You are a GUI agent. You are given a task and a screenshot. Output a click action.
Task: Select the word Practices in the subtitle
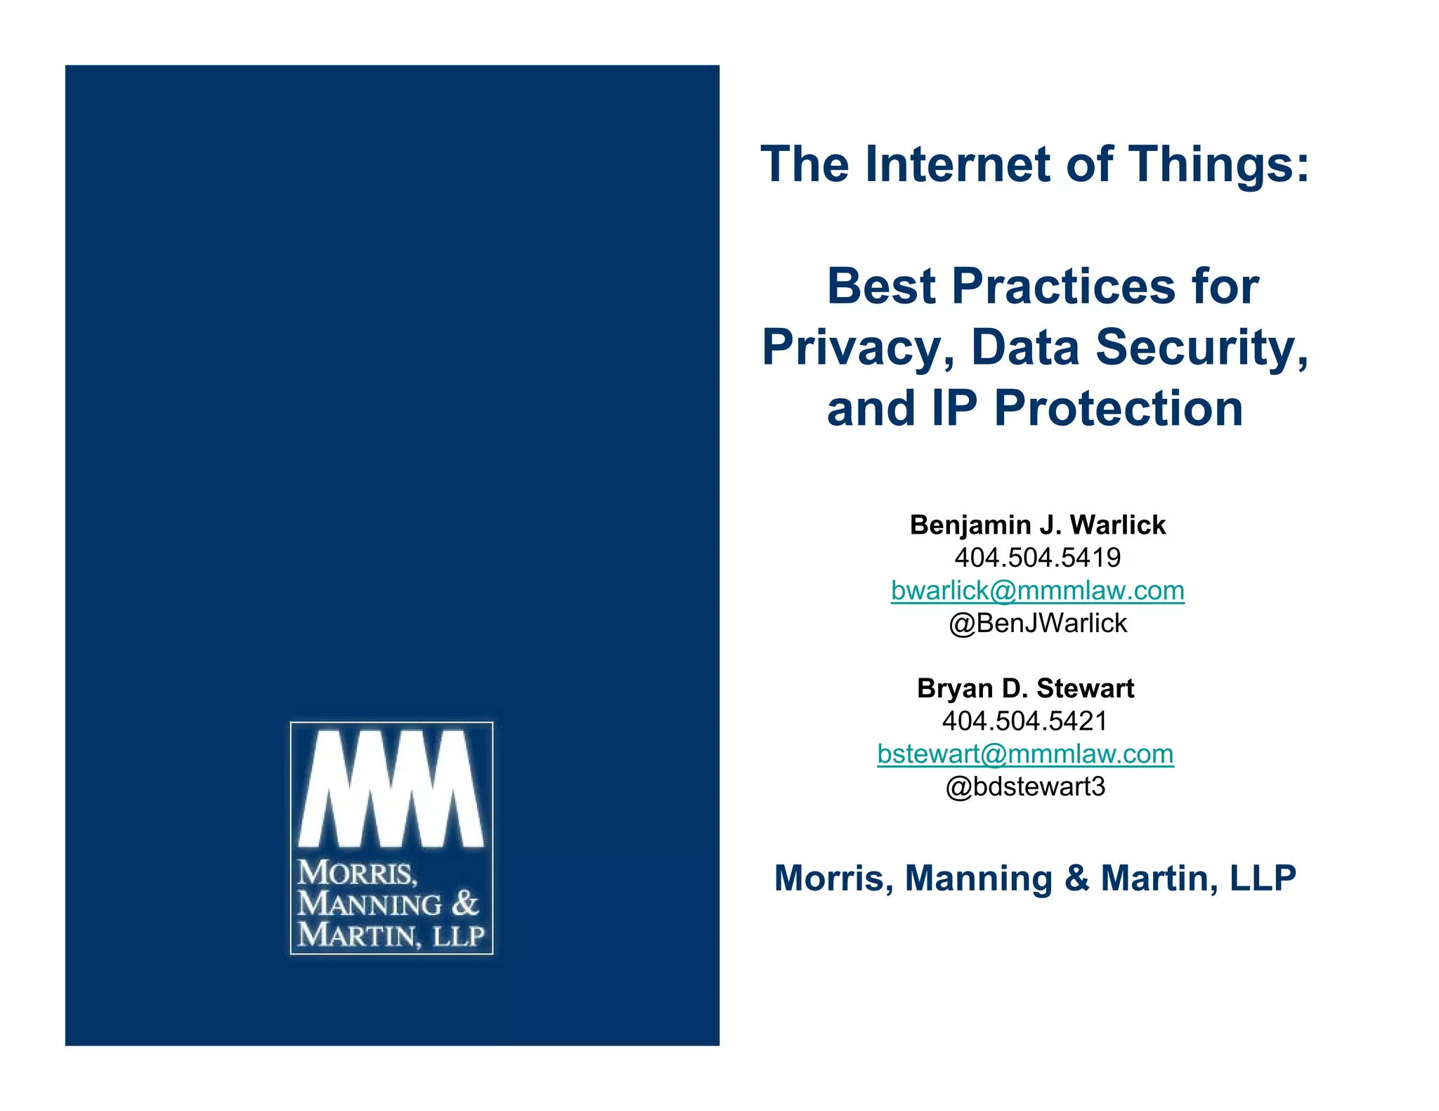tap(1064, 287)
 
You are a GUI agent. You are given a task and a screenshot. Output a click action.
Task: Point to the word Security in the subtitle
tap(1202, 348)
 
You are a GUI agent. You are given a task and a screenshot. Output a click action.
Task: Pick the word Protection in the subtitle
tap(1119, 409)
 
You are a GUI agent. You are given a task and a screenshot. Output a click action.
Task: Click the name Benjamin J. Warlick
tap(1037, 525)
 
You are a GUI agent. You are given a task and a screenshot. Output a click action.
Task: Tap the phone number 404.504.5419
tap(1037, 558)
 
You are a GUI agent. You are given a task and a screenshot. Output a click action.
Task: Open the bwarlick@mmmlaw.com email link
tap(1037, 591)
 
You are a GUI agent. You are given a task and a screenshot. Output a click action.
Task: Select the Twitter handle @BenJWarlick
tap(1037, 623)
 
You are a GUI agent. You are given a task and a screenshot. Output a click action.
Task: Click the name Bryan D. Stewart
tap(1025, 688)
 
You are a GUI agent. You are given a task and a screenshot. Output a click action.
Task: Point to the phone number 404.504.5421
tap(1025, 721)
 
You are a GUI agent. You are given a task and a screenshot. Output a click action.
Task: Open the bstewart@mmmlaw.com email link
tap(1025, 754)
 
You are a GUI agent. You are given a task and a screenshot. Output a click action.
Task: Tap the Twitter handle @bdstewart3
tap(1025, 787)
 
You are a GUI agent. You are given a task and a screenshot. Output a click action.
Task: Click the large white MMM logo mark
tap(391, 788)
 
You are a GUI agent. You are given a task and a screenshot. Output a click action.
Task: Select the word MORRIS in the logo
tap(357, 874)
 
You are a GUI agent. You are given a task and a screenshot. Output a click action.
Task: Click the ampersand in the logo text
tap(464, 904)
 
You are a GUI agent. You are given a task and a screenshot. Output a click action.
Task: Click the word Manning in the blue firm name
tap(978, 879)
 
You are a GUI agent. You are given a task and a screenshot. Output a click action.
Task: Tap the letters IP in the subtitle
tap(954, 409)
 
